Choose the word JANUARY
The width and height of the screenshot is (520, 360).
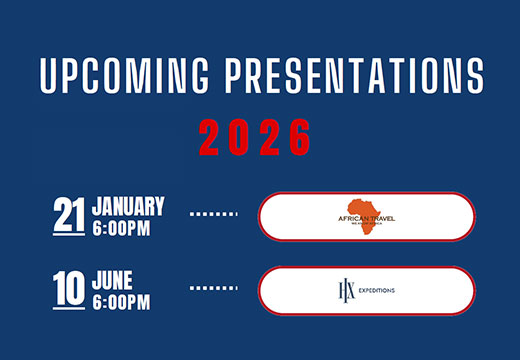128,207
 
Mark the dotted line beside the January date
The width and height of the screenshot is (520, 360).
213,214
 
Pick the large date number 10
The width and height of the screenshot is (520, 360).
68,287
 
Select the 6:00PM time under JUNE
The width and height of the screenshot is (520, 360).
122,299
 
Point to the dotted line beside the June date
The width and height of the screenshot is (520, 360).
213,288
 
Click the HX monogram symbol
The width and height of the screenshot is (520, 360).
346,290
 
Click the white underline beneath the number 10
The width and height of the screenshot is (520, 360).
68,306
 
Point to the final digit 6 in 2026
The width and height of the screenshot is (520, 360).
300,136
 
